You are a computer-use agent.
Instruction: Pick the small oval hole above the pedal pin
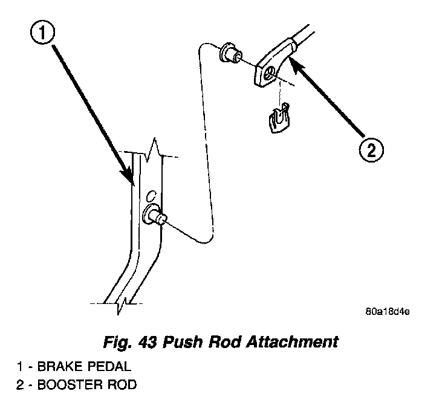[152, 196]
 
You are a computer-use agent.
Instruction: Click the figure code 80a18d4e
[387, 312]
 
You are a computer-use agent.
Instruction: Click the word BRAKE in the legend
[59, 366]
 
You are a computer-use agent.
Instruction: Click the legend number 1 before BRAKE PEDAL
[19, 366]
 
